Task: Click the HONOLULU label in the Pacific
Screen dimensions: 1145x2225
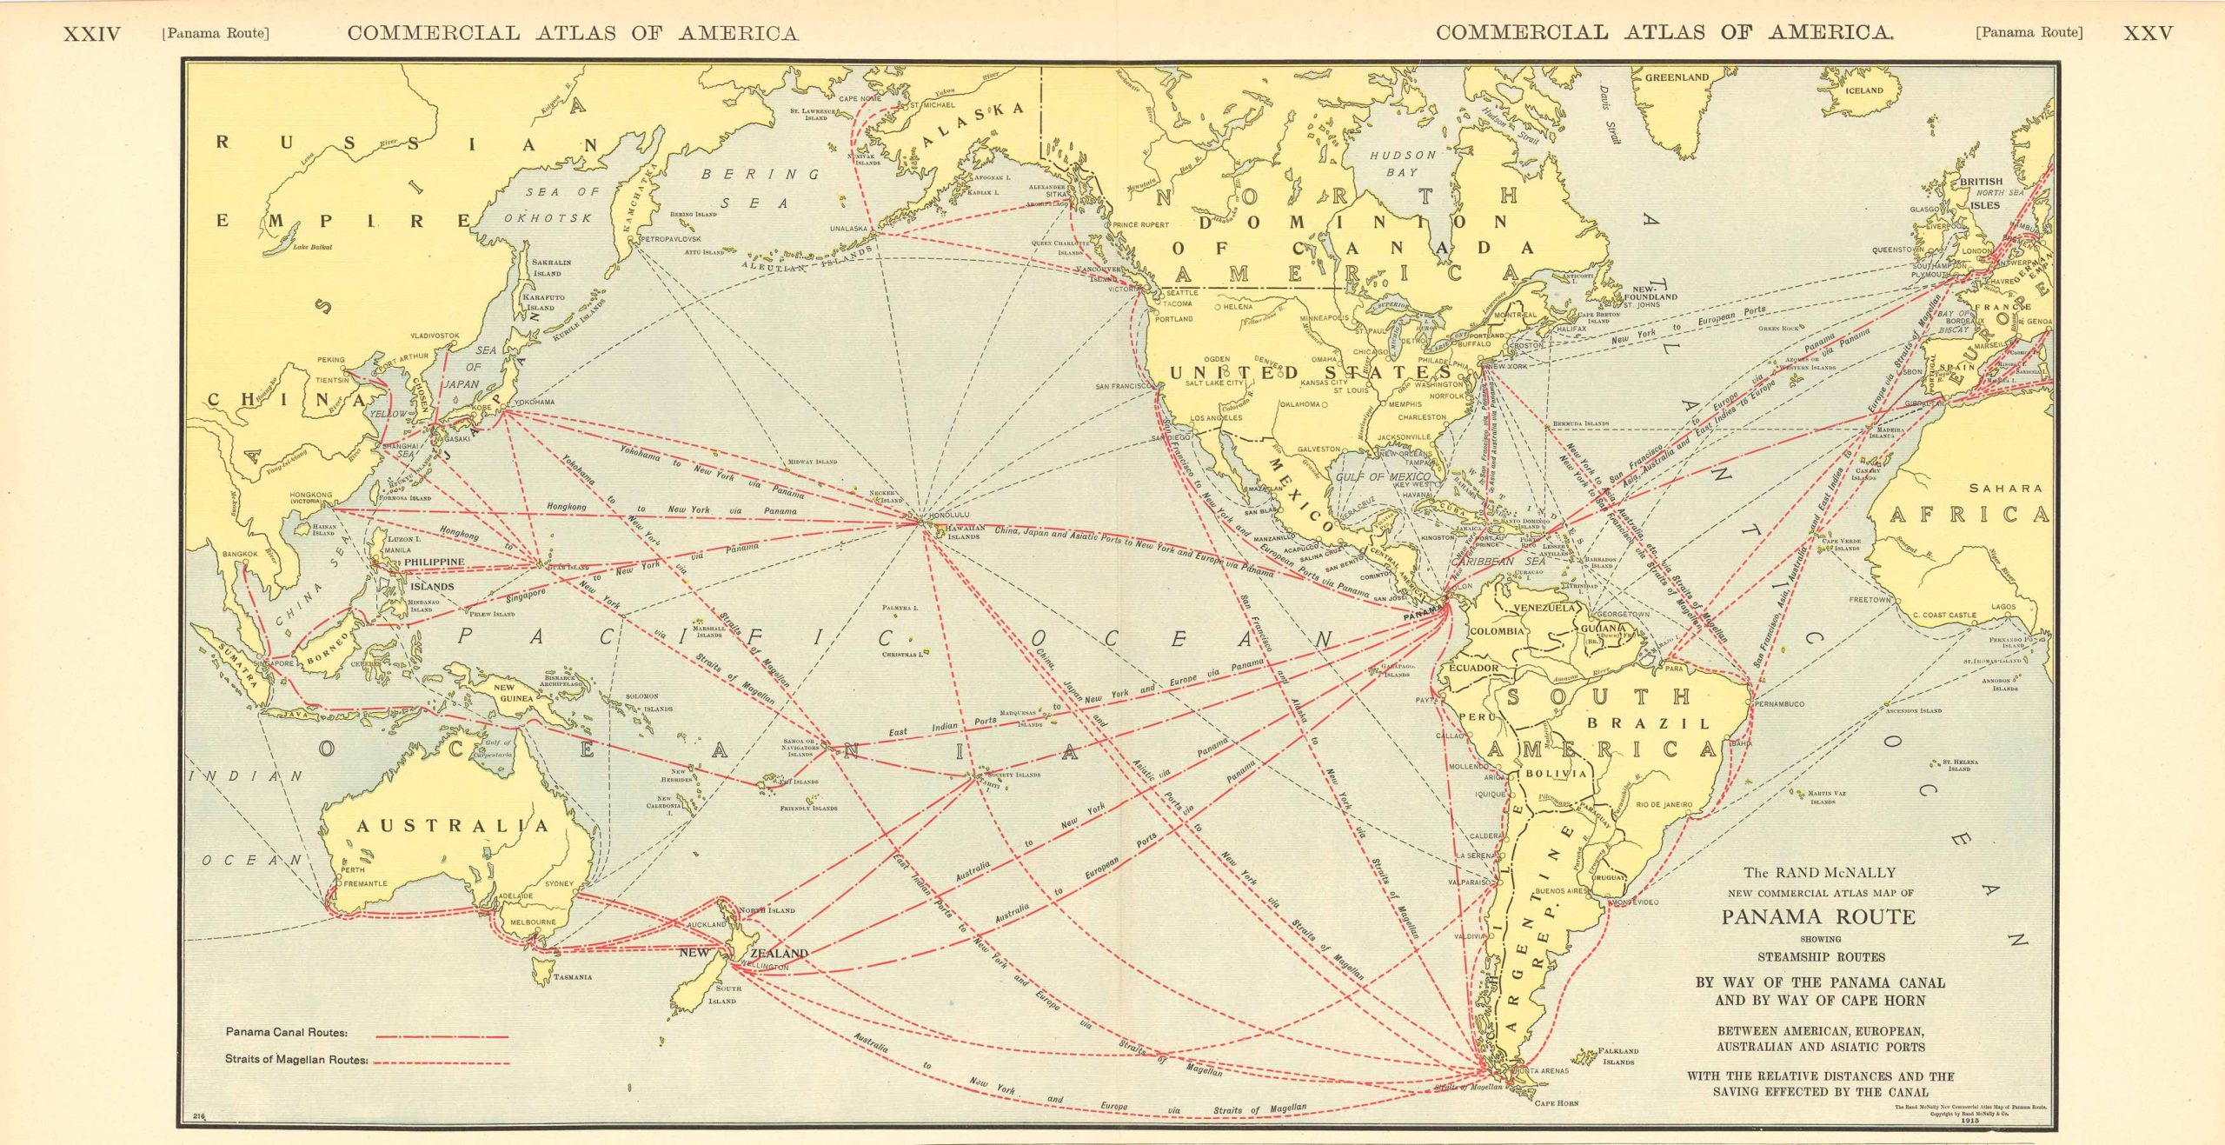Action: tap(948, 515)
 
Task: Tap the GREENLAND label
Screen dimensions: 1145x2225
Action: tap(1677, 77)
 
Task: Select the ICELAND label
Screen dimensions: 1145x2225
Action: tap(1863, 90)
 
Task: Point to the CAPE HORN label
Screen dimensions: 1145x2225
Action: tap(1556, 1103)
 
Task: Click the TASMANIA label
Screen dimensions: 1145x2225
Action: tap(573, 977)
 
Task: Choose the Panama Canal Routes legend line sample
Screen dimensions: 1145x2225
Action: tap(442, 1036)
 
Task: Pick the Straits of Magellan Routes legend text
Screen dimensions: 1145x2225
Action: tap(296, 1060)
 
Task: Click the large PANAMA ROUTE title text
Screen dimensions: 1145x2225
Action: tap(1819, 916)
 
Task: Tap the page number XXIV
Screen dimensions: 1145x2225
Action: tap(92, 34)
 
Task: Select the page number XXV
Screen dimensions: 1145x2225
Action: tap(2148, 33)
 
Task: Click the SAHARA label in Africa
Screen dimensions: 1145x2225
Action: tap(2005, 489)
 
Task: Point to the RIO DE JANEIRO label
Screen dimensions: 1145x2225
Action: tap(1664, 805)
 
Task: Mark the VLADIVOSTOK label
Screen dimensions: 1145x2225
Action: tap(435, 335)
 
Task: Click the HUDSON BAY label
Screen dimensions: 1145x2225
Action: tap(1403, 163)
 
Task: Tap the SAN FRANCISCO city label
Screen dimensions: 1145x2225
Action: tap(1123, 386)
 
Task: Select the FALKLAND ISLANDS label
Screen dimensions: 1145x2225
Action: tap(1617, 1056)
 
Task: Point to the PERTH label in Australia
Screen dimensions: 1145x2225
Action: tap(353, 869)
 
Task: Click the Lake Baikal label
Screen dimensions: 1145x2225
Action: tap(312, 247)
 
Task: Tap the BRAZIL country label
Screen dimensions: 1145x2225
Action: tap(1648, 723)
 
